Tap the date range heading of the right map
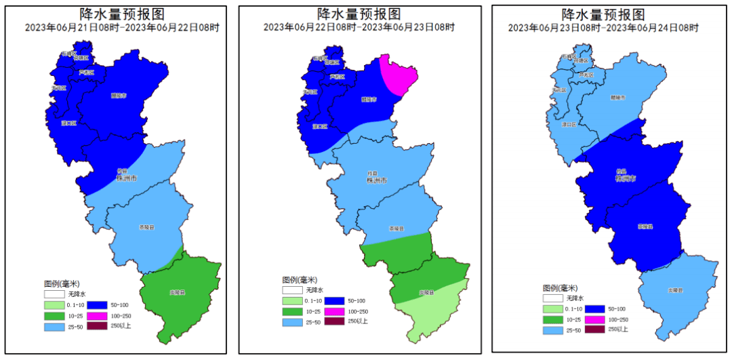point(603,28)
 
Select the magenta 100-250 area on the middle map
point(398,75)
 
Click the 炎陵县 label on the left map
point(178,293)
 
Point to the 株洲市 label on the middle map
point(376,181)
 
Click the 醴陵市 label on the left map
point(119,96)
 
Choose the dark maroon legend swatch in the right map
point(594,329)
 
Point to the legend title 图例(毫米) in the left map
point(62,283)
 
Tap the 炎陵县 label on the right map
point(674,290)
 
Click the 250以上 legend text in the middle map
point(359,321)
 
